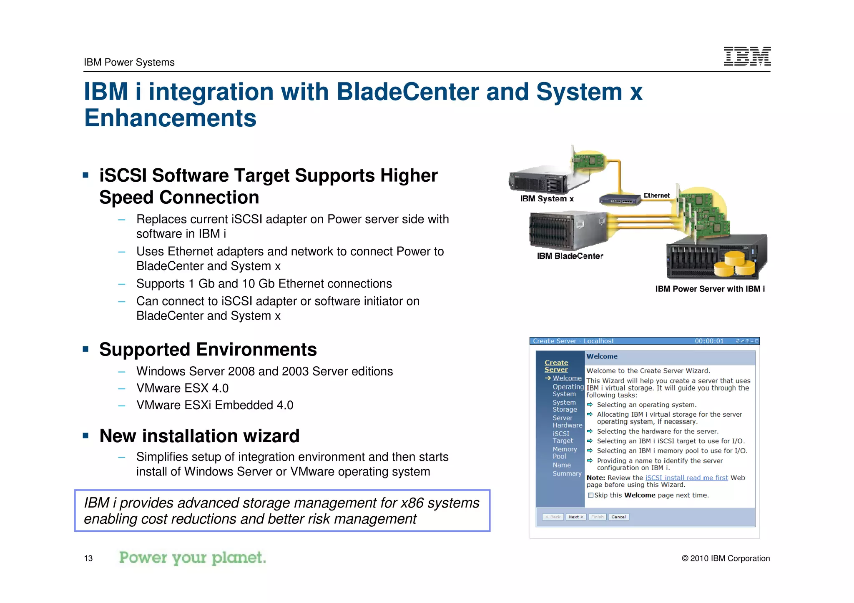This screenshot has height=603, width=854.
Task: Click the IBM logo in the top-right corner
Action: pos(747,56)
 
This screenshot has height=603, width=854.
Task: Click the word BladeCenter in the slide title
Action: pos(407,92)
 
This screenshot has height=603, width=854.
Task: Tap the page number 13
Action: pos(88,558)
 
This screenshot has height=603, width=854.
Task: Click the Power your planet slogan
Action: pos(192,558)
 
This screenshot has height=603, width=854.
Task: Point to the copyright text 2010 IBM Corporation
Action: pos(726,558)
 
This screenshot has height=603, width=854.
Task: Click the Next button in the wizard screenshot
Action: pos(576,517)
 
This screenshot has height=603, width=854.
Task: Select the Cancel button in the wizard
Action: pos(618,517)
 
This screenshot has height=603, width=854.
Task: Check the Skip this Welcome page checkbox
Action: pos(590,495)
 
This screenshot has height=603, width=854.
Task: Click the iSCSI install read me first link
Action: pos(686,478)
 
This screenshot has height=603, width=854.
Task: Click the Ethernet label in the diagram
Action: pos(656,195)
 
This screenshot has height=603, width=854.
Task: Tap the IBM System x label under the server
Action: pos(547,199)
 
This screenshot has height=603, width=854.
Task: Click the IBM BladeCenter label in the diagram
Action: pos(570,256)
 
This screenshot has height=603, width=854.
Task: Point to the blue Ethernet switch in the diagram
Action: pos(620,200)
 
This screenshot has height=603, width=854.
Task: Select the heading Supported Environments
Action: pos(208,350)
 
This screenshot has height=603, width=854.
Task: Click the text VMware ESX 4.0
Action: pos(182,388)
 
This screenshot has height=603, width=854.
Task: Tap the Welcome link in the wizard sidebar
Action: pos(567,378)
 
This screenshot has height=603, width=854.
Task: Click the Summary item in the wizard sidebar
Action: pos(567,473)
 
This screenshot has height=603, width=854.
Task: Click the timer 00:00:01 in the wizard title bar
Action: pos(709,341)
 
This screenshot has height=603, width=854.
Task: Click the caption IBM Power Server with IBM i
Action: pos(710,289)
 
